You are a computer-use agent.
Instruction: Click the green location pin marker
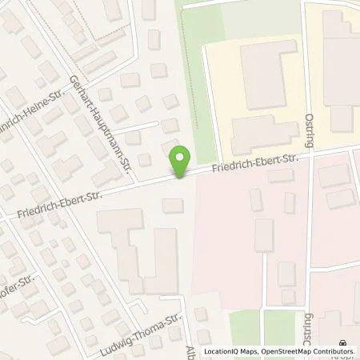pyautogui.click(x=182, y=162)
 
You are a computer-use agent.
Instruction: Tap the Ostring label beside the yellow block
pyautogui.click(x=310, y=128)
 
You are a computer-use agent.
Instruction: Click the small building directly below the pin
pyautogui.click(x=173, y=206)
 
